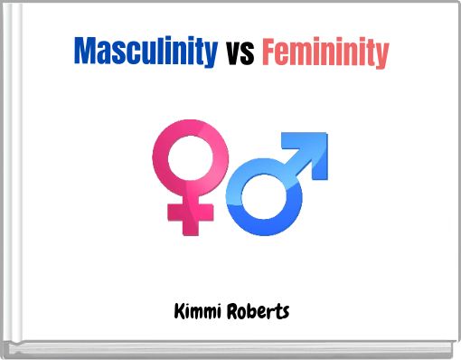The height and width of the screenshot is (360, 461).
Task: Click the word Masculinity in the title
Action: [145, 52]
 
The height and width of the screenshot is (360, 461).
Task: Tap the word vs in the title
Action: [239, 53]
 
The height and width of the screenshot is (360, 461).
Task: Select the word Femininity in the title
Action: [325, 52]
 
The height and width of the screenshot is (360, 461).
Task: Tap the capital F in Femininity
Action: [268, 52]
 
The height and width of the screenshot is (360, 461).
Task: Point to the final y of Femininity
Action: [382, 55]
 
